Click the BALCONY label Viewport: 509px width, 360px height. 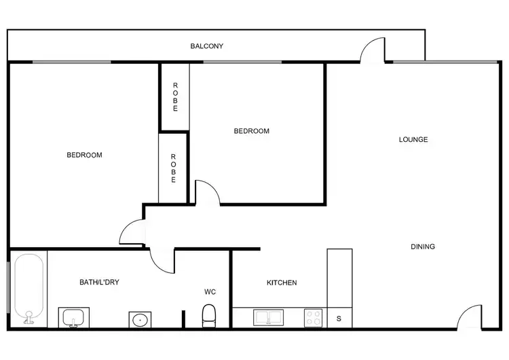tap(207, 46)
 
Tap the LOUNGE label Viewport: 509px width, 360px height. tap(413, 140)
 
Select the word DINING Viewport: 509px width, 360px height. tap(422, 247)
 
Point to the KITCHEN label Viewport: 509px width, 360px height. tap(281, 283)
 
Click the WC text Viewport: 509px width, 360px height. tap(210, 292)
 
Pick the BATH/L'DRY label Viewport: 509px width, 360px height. tap(99, 282)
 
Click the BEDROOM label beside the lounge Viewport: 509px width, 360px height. tap(251, 131)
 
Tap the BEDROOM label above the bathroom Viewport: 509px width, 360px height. tap(84, 155)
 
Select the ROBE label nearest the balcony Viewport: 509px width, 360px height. tap(174, 96)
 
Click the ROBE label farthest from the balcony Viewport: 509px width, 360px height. tap(173, 168)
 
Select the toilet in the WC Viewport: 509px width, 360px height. tap(209, 315)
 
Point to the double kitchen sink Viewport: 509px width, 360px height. tap(269, 317)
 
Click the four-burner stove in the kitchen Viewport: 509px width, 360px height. tap(313, 317)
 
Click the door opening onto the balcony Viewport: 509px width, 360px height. tap(373, 51)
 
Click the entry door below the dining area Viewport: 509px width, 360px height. tap(469, 318)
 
